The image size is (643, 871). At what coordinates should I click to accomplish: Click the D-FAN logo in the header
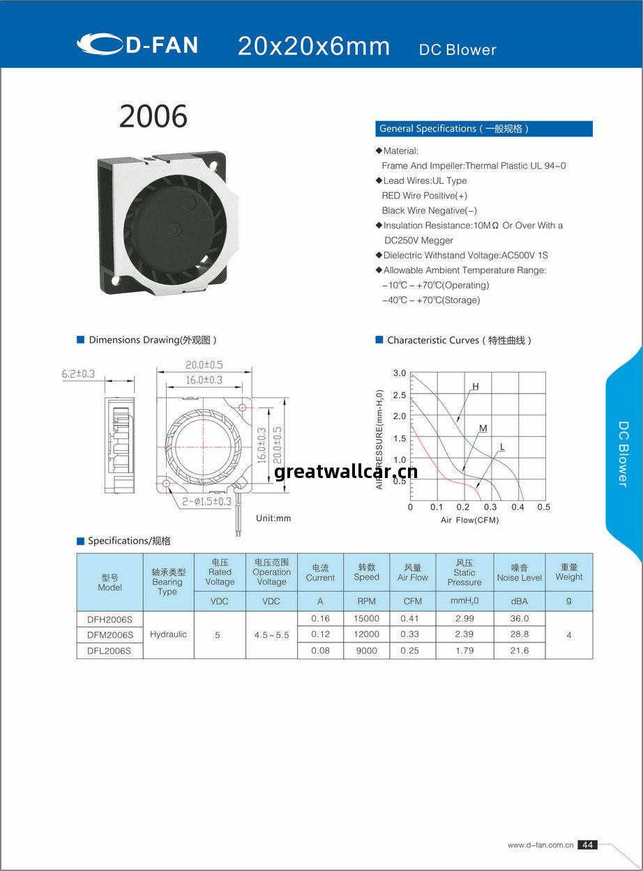137,45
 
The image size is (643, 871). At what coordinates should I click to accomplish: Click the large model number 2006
153,116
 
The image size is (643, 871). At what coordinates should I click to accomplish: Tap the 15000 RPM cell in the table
366,619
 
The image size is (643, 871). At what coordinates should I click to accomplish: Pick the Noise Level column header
520,573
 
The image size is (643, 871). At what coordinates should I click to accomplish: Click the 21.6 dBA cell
520,651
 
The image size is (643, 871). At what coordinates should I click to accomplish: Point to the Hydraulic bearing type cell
168,635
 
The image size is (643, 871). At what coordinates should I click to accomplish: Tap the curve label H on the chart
476,387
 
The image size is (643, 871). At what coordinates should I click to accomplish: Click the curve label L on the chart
502,447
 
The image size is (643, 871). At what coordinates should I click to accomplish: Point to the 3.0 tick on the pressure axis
399,373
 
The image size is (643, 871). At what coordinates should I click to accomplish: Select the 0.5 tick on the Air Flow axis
544,507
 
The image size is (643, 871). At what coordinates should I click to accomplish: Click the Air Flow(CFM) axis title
469,521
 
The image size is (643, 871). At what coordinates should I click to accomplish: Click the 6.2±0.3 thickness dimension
78,374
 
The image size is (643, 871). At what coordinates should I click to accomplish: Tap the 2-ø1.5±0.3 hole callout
206,502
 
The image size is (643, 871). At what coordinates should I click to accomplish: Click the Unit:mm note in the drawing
273,518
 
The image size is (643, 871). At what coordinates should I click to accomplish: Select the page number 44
587,845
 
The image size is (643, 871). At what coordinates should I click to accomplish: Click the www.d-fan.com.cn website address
540,845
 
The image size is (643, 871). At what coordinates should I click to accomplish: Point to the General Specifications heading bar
484,129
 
